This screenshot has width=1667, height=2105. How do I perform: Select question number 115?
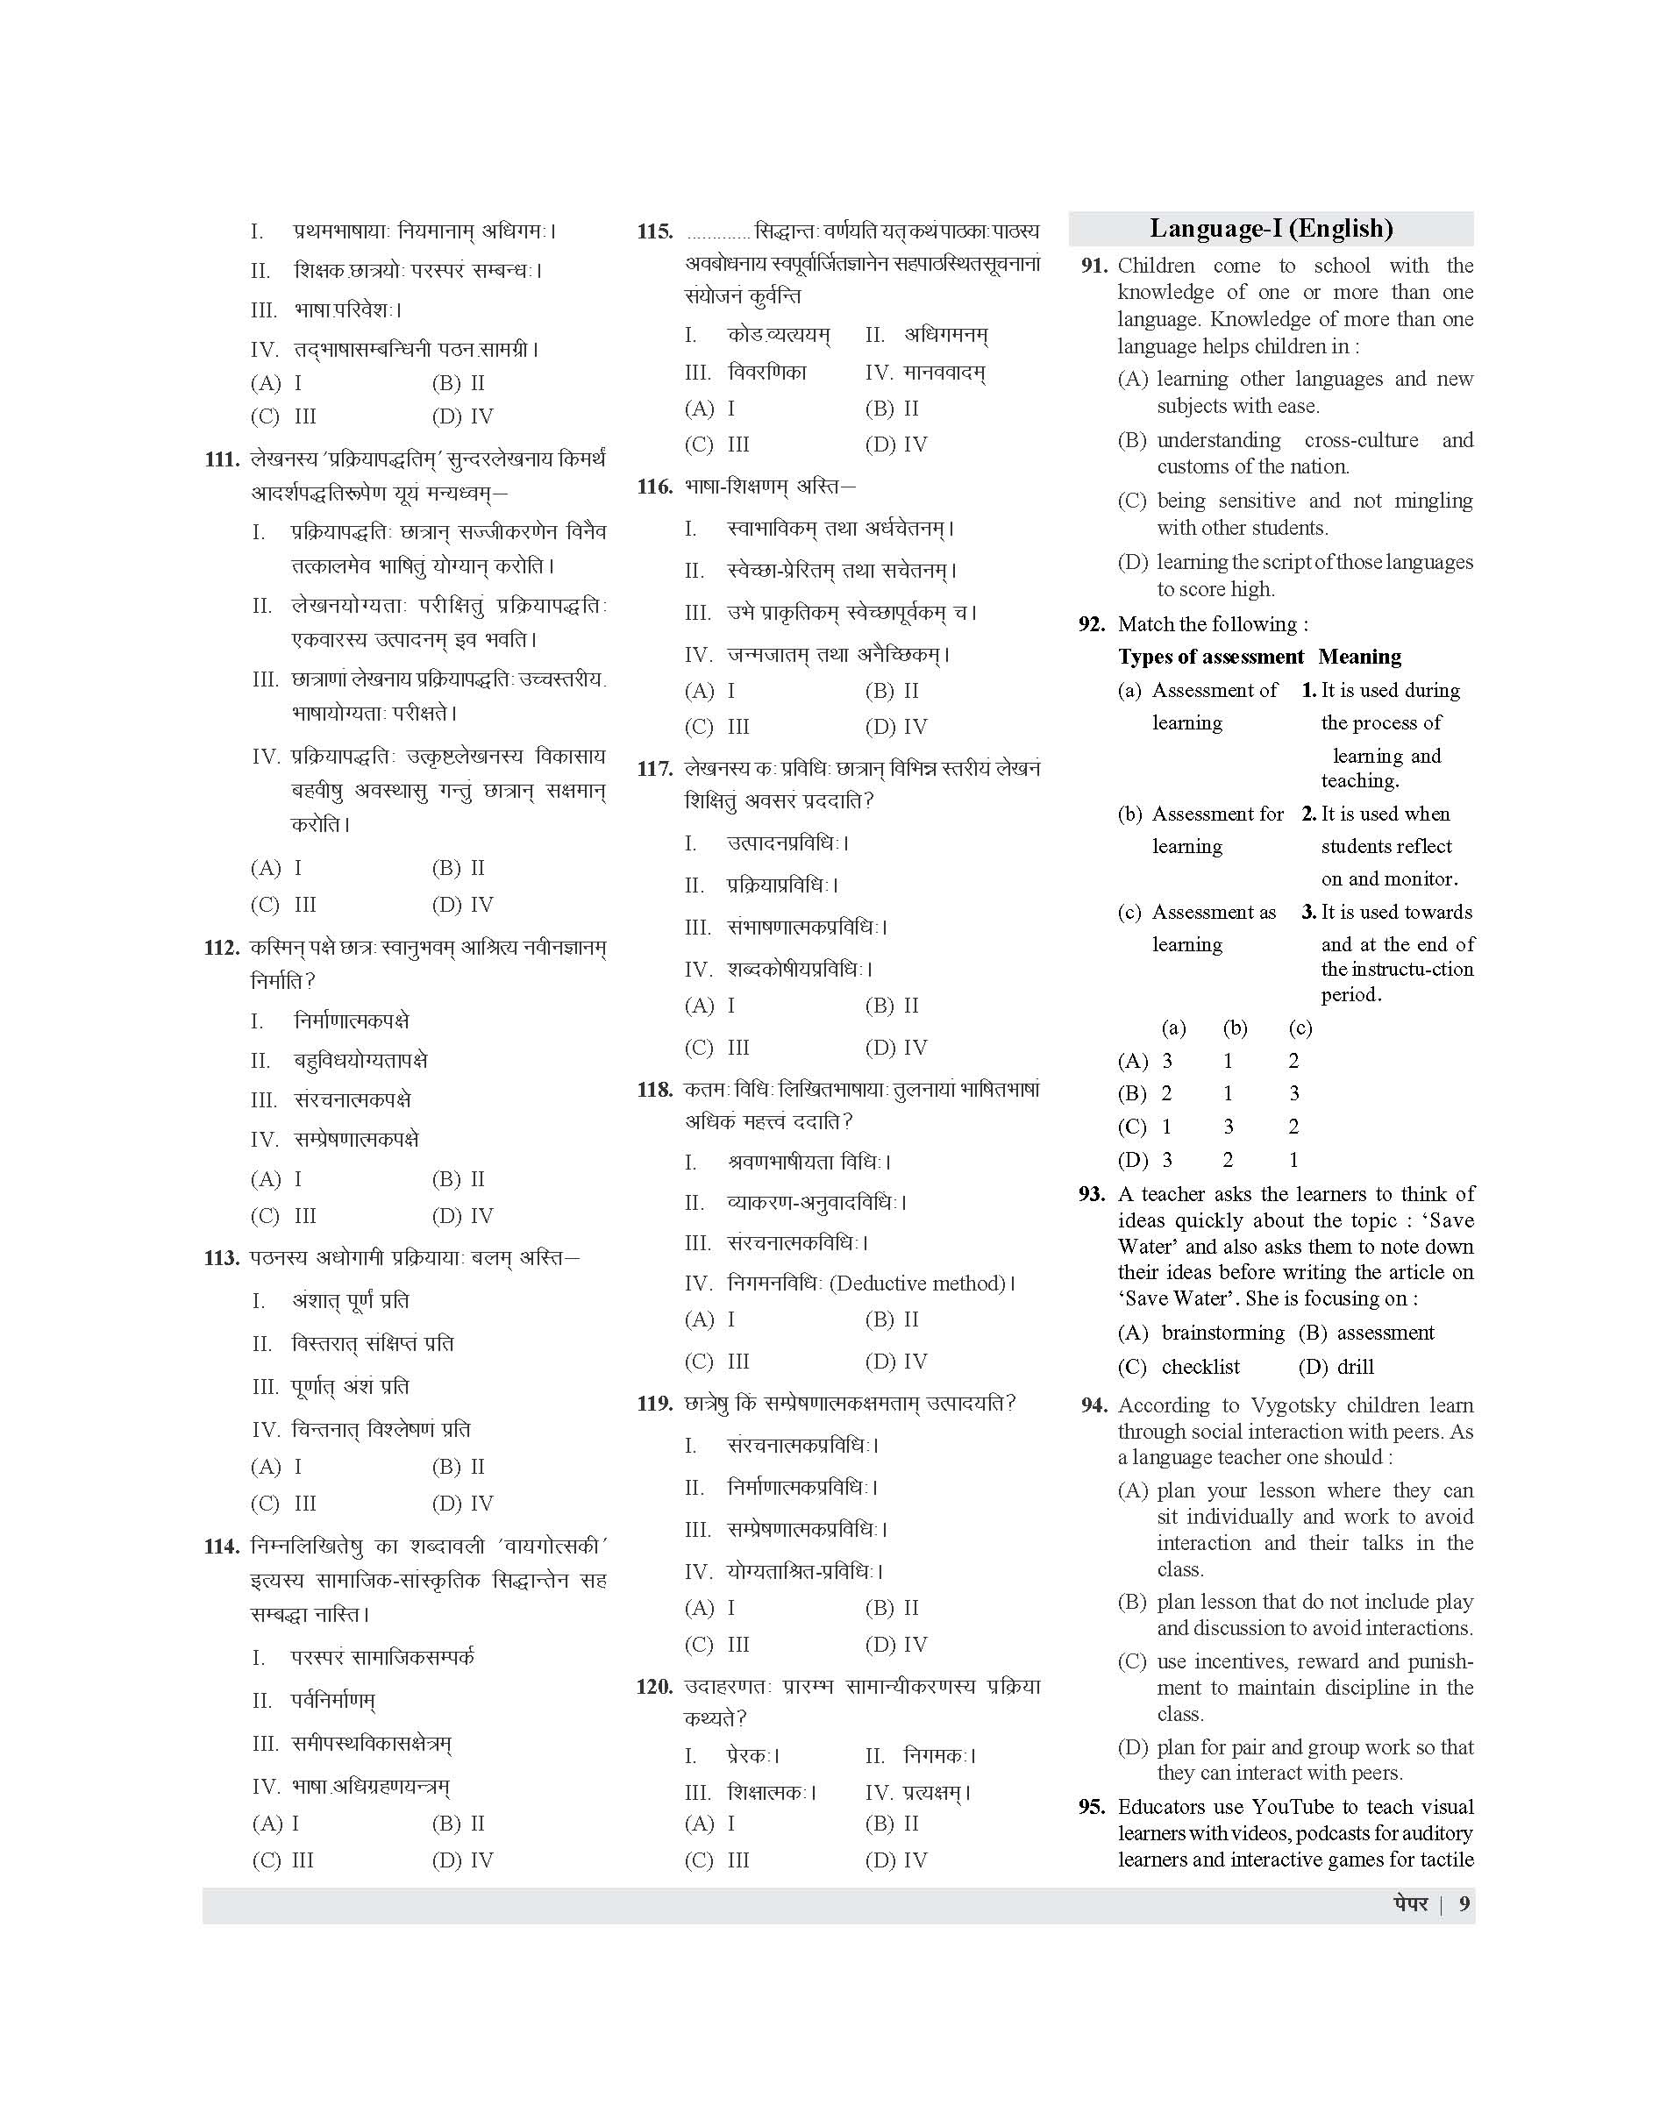point(655,232)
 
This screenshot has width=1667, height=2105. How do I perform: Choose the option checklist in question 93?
point(1200,1367)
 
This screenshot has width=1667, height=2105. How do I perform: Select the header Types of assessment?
point(1210,657)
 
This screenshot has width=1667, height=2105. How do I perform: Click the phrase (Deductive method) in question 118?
point(916,1284)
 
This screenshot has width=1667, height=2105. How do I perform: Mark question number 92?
point(1091,624)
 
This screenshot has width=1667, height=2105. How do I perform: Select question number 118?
point(655,1090)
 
